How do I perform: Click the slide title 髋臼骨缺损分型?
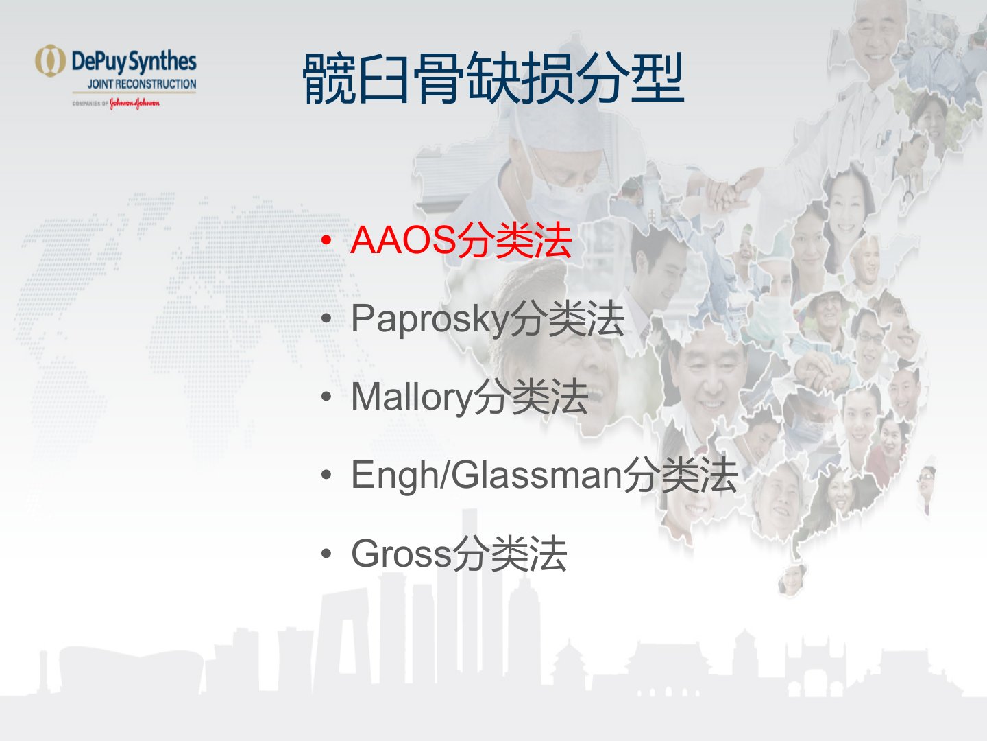[493, 78]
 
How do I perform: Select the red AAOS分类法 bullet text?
[461, 240]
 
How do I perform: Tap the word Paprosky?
[430, 320]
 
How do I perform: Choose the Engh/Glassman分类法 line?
[544, 475]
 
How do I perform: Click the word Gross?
[401, 554]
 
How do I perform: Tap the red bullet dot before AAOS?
[326, 240]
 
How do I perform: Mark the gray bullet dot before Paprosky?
[326, 318]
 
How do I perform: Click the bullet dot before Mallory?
[326, 397]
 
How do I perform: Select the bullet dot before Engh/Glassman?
[326, 475]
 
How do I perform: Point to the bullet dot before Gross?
[326, 554]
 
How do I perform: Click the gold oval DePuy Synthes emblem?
[50, 61]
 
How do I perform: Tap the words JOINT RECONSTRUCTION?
[142, 84]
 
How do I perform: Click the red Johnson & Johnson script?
[134, 104]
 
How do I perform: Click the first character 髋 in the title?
[329, 78]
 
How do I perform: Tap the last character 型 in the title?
[658, 78]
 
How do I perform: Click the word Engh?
[394, 477]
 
